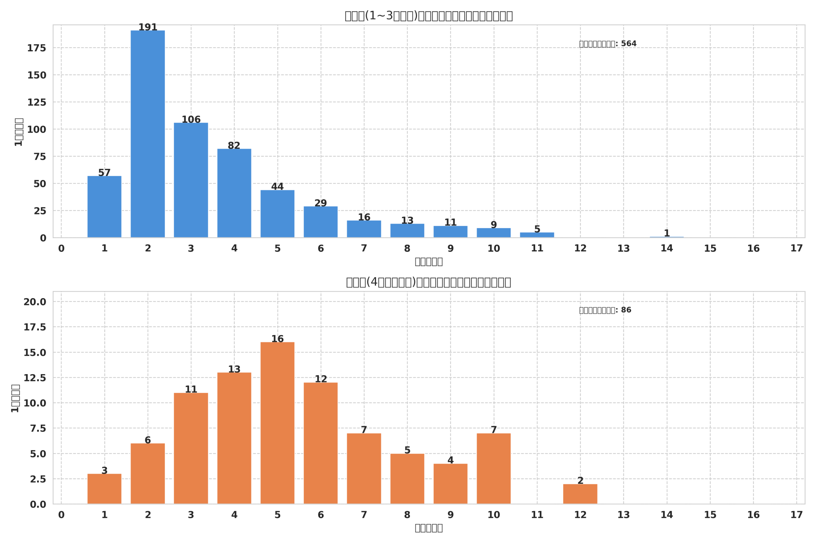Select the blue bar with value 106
coord(191,180)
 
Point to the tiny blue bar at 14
coord(666,237)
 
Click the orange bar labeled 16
coord(277,422)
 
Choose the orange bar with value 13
coord(234,438)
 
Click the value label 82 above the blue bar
coord(234,145)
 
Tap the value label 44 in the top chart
coord(277,187)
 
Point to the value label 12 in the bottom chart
coord(321,379)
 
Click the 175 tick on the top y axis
coord(36,48)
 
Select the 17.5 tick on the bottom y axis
coord(35,327)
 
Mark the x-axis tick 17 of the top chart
coord(796,248)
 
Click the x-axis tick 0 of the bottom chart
coord(61,515)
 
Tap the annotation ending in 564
coord(607,44)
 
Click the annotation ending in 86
coord(605,310)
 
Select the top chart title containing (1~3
coord(428,16)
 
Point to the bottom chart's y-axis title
coord(15,398)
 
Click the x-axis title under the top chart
coord(428,261)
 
